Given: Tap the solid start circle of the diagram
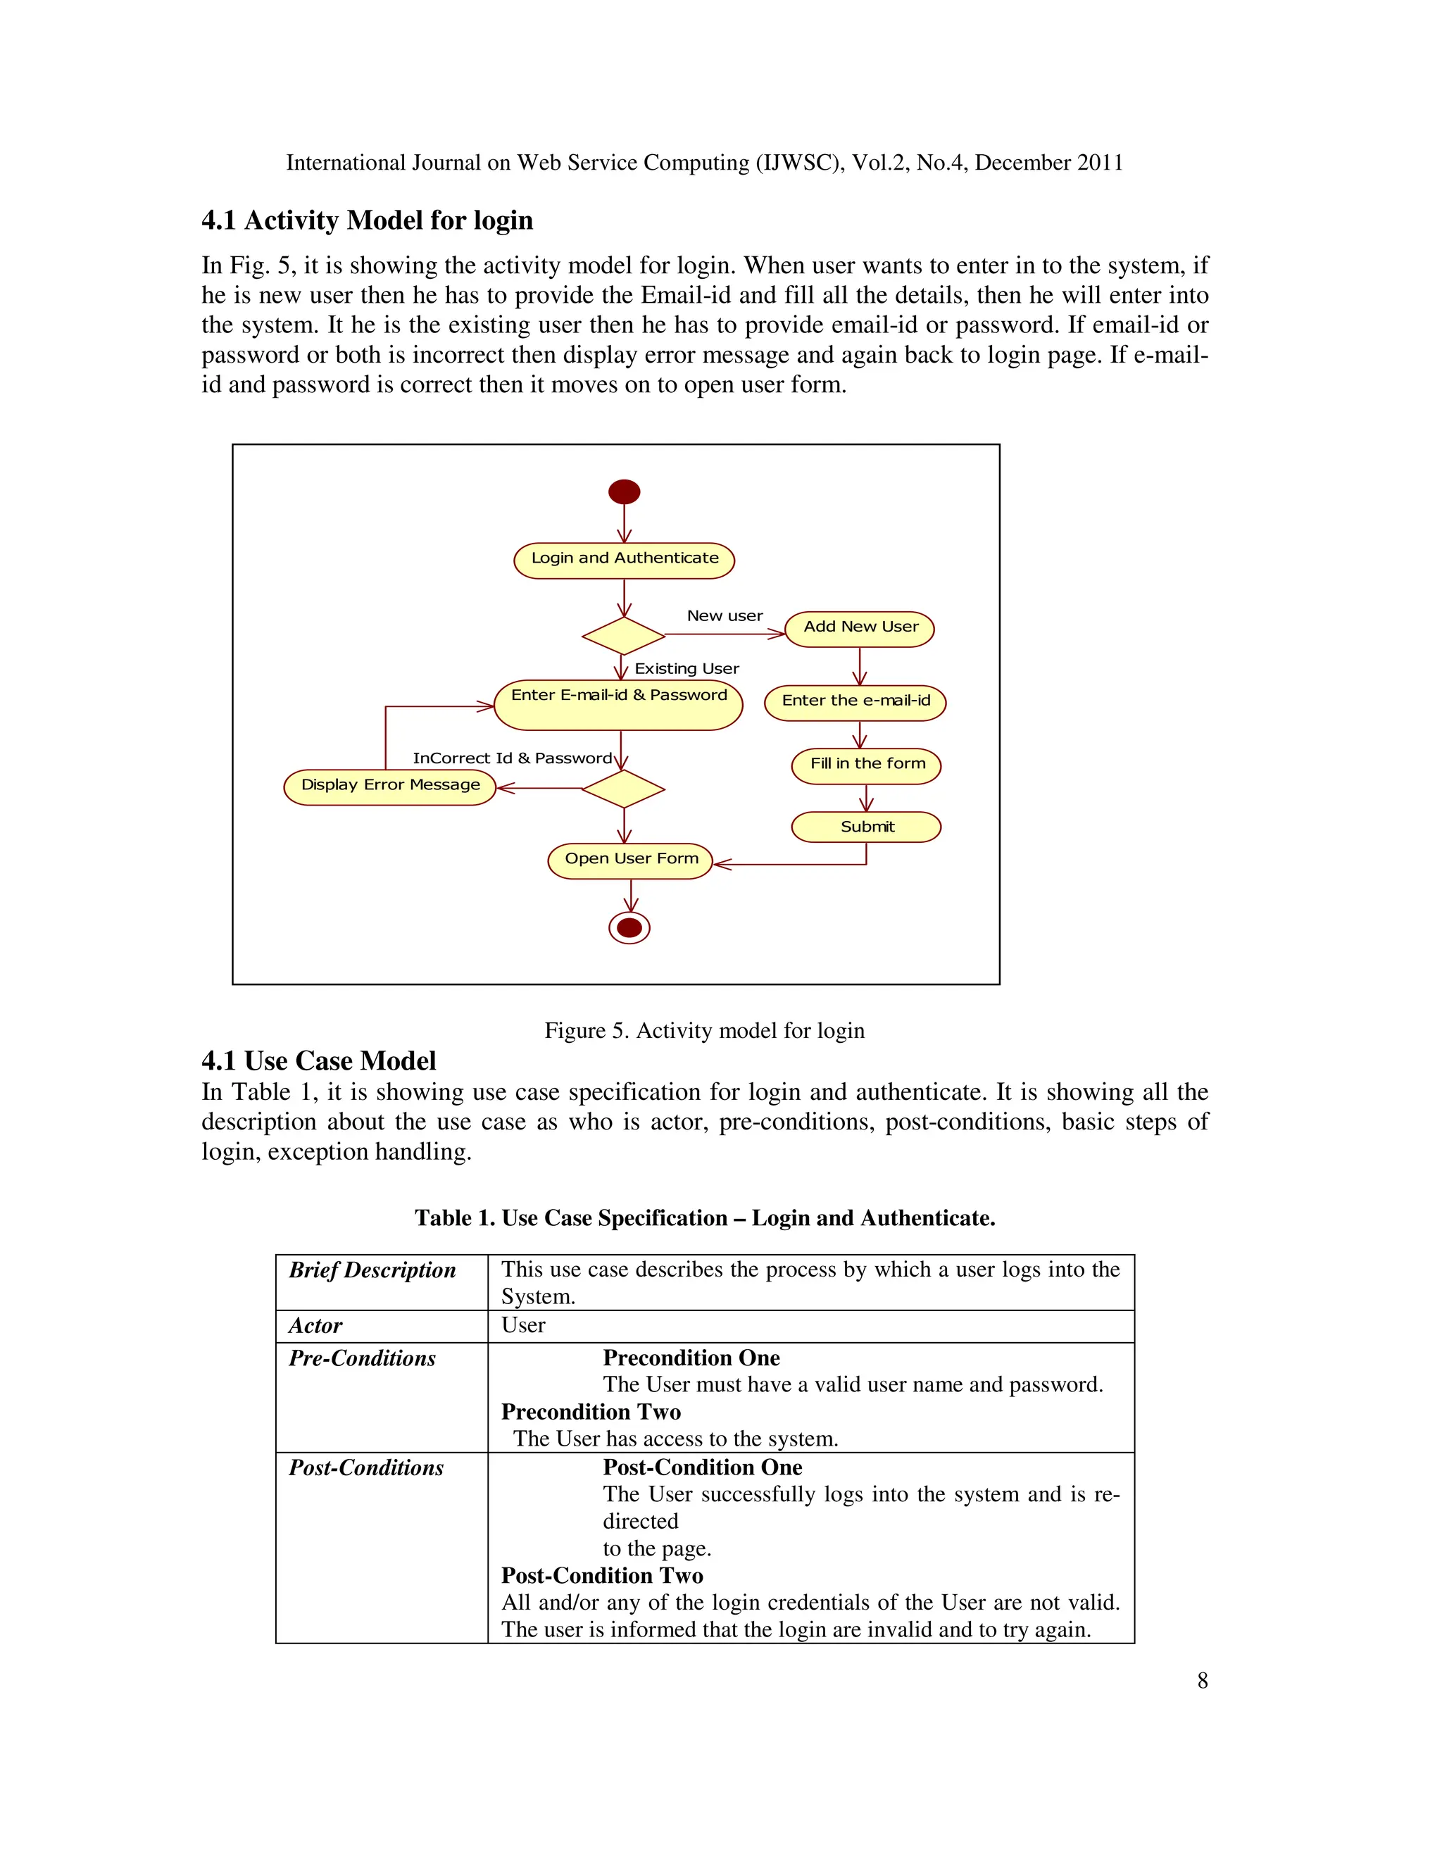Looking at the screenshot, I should tap(624, 491).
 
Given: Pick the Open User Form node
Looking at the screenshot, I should tap(630, 860).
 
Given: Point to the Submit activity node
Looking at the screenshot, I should tap(865, 827).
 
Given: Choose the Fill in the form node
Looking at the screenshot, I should tap(865, 765).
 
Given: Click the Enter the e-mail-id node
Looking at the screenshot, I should tap(854, 702).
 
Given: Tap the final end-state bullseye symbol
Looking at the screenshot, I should tap(629, 928).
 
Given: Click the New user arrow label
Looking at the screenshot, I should tap(725, 616).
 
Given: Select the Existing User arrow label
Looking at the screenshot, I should tap(686, 669).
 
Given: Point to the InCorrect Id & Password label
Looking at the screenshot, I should tap(512, 758).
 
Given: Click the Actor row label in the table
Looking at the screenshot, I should tap(315, 1325).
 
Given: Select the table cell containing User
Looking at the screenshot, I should tap(523, 1325).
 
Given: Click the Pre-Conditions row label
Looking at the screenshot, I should tap(361, 1358).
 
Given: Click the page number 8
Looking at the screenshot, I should tap(1202, 1681).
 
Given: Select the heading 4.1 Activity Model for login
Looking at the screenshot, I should tap(366, 220).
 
